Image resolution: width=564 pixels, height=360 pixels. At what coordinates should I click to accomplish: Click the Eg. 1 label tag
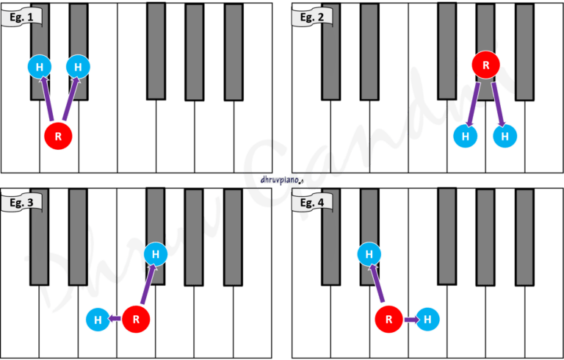pos(21,17)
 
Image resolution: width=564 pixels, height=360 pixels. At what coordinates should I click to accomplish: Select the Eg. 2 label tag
pos(311,17)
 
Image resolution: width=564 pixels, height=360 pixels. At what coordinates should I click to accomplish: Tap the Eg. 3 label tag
pos(21,202)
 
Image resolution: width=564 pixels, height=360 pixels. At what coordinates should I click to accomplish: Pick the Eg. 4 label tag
pos(311,202)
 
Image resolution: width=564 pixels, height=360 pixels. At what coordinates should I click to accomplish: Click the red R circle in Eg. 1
pos(58,137)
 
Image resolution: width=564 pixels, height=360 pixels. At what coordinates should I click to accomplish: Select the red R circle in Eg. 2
pos(486,65)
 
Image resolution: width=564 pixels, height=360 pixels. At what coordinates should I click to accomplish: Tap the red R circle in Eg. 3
pos(137,320)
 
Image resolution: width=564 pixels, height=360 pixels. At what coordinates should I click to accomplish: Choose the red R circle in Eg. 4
pos(388,320)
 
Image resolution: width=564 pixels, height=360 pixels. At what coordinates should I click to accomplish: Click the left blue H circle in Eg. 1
pos(40,67)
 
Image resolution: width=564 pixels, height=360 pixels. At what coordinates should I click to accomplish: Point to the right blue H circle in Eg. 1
pos(78,67)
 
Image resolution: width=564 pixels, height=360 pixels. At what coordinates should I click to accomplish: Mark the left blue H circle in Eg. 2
pos(466,136)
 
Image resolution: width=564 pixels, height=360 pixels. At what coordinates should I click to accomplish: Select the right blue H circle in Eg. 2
pos(505,136)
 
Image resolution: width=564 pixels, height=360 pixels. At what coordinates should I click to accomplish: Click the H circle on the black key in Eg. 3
pos(156,254)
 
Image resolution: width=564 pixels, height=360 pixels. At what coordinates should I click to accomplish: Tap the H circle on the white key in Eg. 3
pos(98,320)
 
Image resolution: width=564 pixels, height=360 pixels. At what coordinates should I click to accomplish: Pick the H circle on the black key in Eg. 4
pos(369,254)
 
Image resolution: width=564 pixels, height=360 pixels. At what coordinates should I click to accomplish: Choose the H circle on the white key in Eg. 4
pos(427,320)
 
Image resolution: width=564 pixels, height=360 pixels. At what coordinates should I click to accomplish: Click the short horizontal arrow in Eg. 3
pos(115,318)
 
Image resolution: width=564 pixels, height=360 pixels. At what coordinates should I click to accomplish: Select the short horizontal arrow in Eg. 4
pos(411,320)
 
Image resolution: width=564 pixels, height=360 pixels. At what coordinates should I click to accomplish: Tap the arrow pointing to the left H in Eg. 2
pos(473,105)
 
